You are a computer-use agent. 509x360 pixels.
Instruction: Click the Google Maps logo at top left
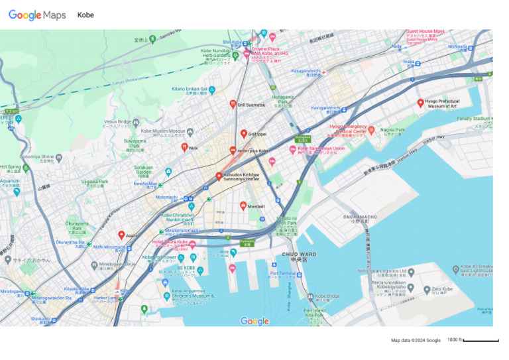(37, 15)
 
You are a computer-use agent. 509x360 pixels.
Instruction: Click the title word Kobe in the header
(85, 15)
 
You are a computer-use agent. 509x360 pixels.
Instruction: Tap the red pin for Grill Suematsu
(233, 104)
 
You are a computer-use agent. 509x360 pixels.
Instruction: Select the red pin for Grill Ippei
(243, 133)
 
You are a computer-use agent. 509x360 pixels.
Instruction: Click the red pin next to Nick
(185, 147)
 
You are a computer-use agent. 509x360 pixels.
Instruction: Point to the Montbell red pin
(243, 206)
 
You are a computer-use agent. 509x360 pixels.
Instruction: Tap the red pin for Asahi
(121, 235)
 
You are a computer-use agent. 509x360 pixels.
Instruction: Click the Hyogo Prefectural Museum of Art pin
(420, 103)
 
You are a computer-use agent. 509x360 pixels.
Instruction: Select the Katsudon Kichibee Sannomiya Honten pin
(219, 176)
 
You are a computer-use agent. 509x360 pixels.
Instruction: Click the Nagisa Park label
(398, 131)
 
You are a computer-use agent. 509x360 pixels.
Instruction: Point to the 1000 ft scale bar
(481, 340)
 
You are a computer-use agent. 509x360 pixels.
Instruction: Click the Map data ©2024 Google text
(416, 341)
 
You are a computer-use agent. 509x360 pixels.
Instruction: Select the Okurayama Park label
(77, 226)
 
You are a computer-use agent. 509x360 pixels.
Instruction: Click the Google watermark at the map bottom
(254, 322)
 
